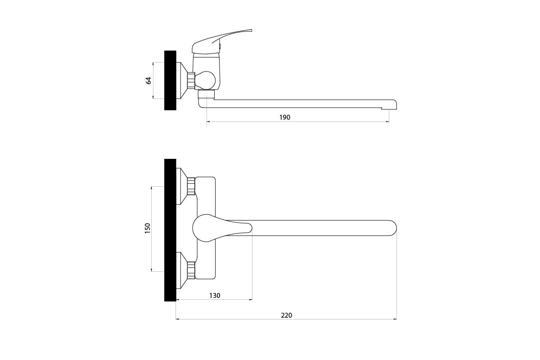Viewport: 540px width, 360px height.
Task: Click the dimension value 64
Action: [x=148, y=81]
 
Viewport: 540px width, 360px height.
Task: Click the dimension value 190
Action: [x=285, y=117]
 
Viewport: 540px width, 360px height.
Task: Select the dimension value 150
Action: [x=147, y=228]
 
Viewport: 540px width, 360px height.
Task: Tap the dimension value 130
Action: [x=215, y=296]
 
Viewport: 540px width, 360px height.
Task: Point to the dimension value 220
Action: [x=286, y=315]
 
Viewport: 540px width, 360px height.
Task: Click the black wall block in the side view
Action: [x=170, y=80]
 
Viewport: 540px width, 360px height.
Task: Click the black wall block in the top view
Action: [x=170, y=230]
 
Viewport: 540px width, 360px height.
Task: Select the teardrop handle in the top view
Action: [x=222, y=228]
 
